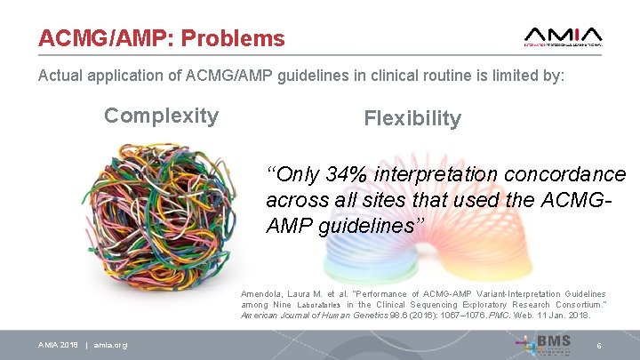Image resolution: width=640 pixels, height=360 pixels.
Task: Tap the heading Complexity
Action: (x=161, y=116)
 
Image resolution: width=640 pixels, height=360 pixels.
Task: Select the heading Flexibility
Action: (x=412, y=118)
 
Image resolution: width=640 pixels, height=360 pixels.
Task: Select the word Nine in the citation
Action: (x=281, y=305)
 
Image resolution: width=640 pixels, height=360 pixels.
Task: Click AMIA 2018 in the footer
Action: (x=58, y=345)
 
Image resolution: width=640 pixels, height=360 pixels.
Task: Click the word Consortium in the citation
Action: (x=578, y=305)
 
